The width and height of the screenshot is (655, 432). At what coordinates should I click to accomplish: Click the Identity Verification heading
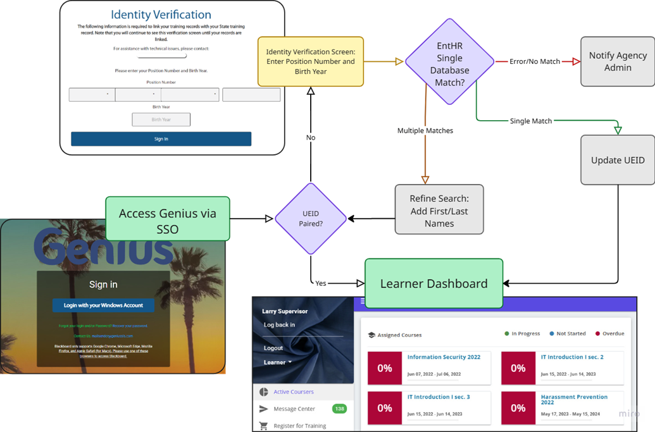tap(161, 15)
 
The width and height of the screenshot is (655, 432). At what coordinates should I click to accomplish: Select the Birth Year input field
tap(161, 120)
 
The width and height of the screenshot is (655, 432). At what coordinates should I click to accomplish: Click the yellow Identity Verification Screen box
tap(311, 61)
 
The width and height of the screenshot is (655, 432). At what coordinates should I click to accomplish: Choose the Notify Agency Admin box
tap(618, 61)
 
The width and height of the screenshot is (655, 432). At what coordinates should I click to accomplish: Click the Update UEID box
tap(618, 160)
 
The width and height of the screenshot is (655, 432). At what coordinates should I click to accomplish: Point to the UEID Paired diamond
tap(310, 219)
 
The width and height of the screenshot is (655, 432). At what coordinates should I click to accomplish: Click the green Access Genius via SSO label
tap(168, 219)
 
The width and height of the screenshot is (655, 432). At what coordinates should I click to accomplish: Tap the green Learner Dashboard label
tap(434, 283)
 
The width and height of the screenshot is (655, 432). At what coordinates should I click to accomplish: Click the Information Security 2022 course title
tap(444, 357)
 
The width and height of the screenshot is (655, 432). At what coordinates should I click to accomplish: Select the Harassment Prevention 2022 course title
tap(574, 399)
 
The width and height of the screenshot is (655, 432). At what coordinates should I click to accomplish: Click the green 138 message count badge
tap(339, 409)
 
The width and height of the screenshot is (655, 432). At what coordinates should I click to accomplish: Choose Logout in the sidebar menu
tap(273, 348)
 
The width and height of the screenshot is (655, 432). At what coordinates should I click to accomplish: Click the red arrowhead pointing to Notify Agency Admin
tap(576, 61)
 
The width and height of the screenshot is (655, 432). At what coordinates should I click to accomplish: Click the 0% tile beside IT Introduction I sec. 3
tap(385, 408)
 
